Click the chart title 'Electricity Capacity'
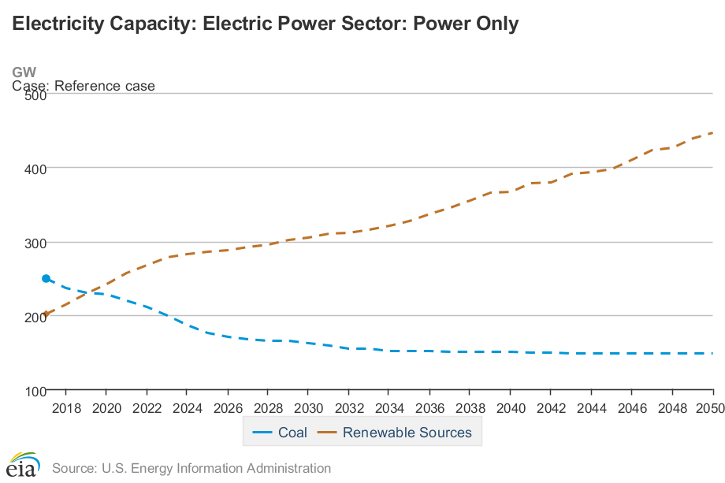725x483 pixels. click(x=265, y=24)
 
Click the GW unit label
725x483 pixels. click(x=24, y=72)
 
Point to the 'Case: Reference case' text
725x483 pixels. click(x=84, y=86)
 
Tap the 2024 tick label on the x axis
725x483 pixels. click(x=187, y=409)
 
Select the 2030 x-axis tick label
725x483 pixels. click(x=307, y=409)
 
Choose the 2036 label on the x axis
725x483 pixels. click(x=429, y=409)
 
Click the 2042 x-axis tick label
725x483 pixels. click(x=550, y=409)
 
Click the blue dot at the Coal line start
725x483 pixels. click(x=46, y=279)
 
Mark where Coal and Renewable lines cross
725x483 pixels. click(x=88, y=292)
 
